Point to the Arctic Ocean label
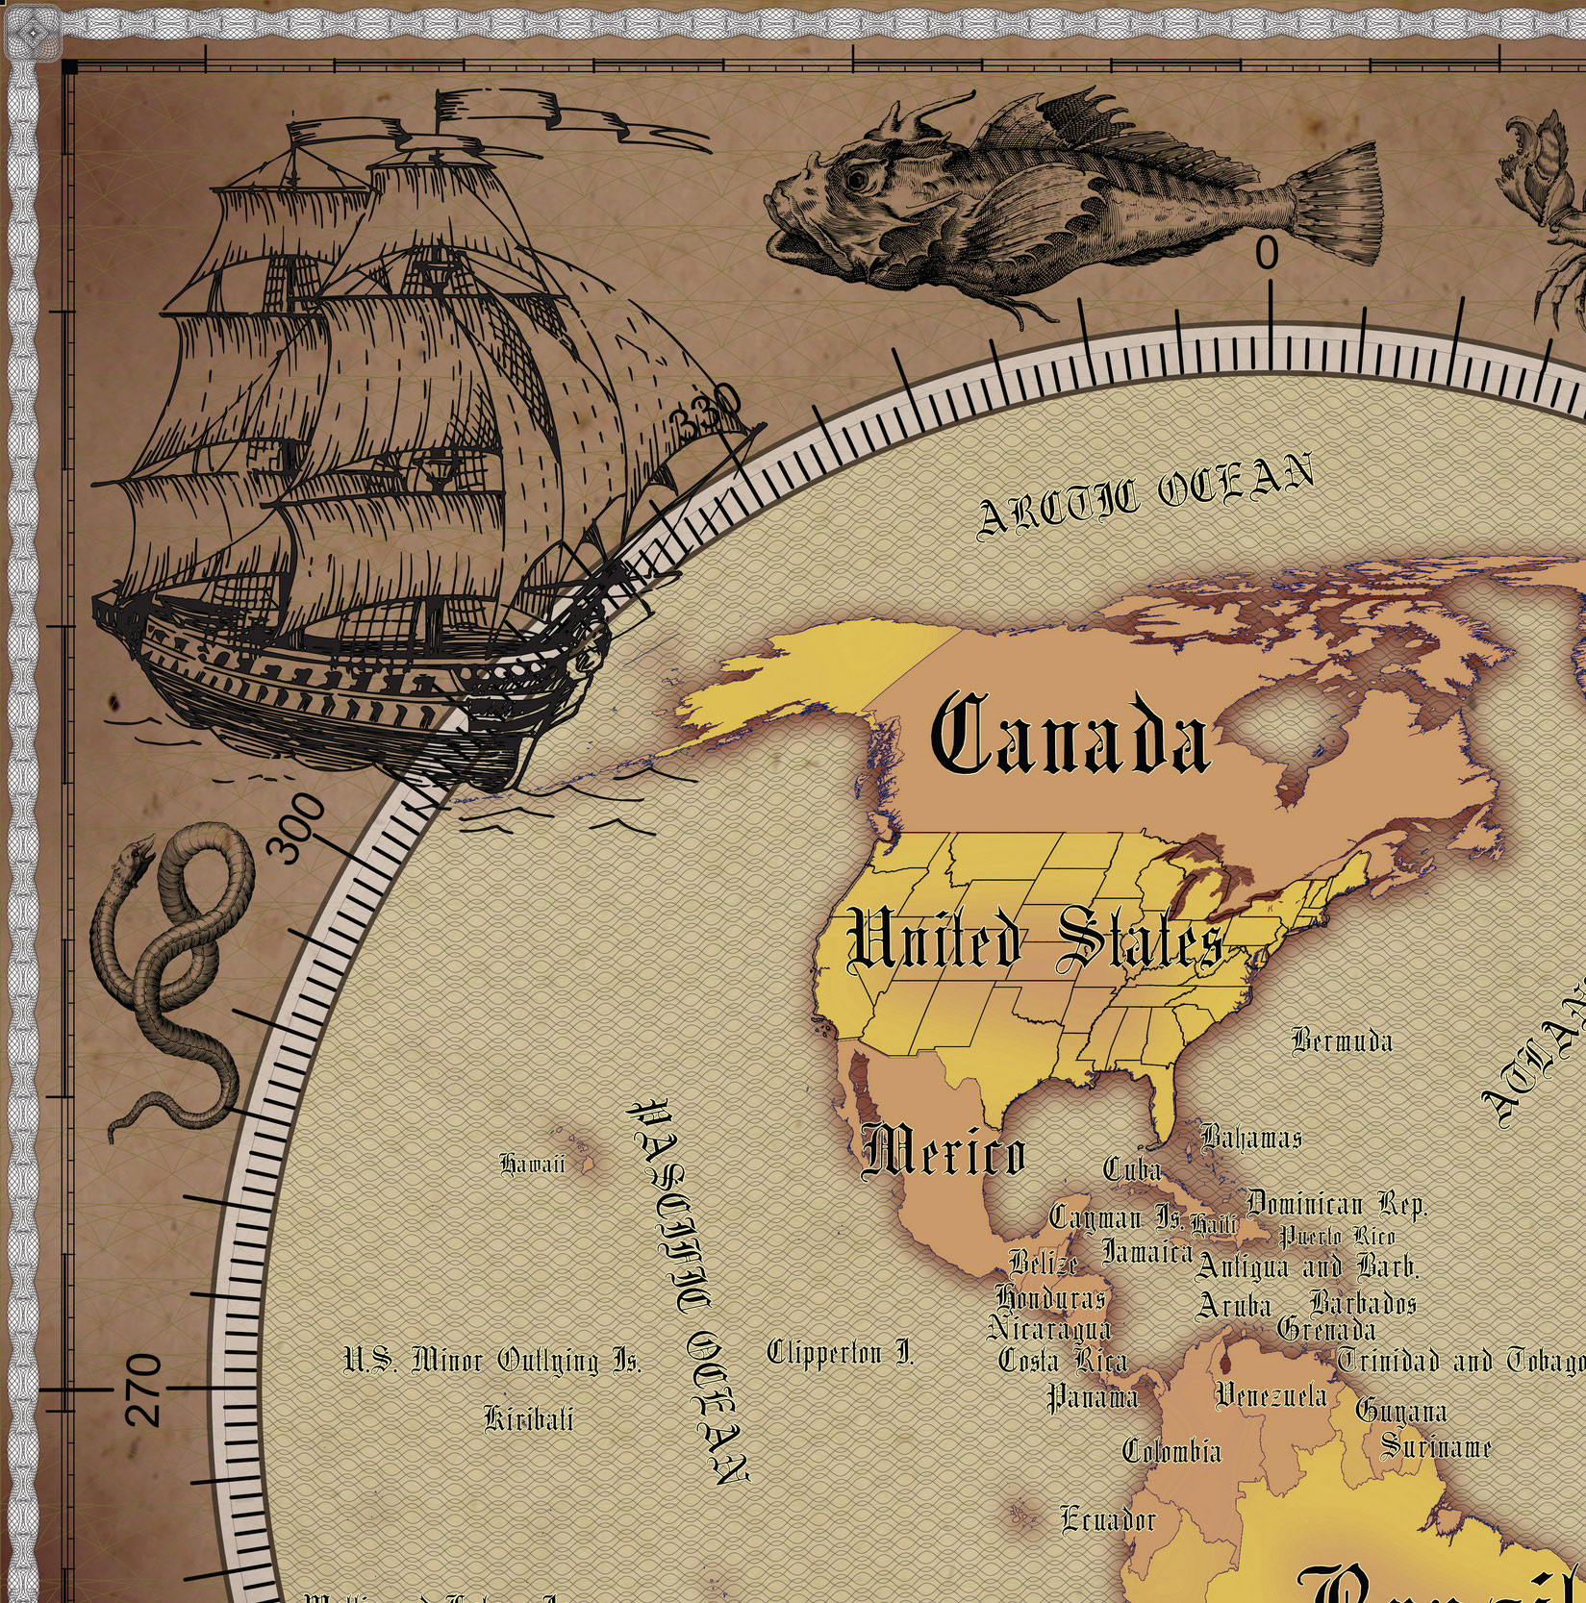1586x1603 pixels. pyautogui.click(x=1145, y=494)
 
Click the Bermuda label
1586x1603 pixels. pyautogui.click(x=1342, y=1040)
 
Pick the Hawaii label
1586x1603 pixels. pyautogui.click(x=532, y=1165)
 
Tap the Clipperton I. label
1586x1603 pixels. pyautogui.click(x=840, y=1354)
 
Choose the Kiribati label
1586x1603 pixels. pyautogui.click(x=529, y=1418)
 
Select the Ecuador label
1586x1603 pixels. pyautogui.click(x=1108, y=1519)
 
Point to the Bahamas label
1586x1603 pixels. pyautogui.click(x=1251, y=1138)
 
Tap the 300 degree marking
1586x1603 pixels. pyautogui.click(x=295, y=828)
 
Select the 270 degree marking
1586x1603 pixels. pyautogui.click(x=144, y=1389)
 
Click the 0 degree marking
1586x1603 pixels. pyautogui.click(x=1268, y=254)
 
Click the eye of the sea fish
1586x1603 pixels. pyautogui.click(x=855, y=179)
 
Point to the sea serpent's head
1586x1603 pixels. pyautogui.click(x=142, y=850)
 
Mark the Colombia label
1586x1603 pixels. pyautogui.click(x=1172, y=1450)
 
